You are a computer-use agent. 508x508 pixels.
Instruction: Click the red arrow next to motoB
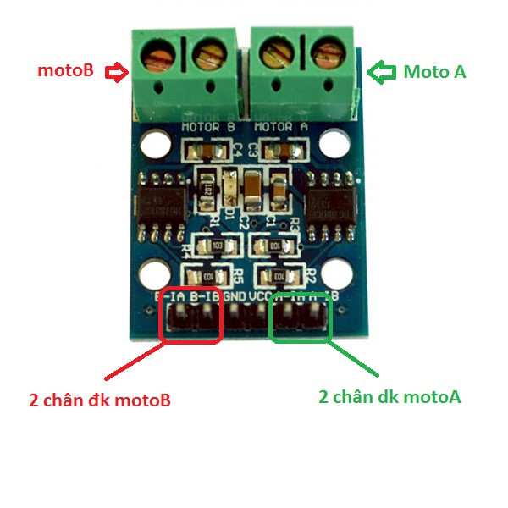pyautogui.click(x=116, y=73)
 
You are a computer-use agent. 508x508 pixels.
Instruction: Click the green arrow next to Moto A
pyautogui.click(x=384, y=72)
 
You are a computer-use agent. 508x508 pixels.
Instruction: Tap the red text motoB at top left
pyautogui.click(x=64, y=72)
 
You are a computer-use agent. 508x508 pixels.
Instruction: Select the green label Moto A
pyautogui.click(x=434, y=72)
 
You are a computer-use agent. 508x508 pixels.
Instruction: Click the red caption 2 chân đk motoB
pyautogui.click(x=99, y=400)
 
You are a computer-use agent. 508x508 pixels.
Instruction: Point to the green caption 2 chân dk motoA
pyautogui.click(x=389, y=396)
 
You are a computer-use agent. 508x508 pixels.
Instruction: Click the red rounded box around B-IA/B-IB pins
pyautogui.click(x=191, y=317)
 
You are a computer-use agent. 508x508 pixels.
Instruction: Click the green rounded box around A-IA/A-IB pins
pyautogui.click(x=301, y=317)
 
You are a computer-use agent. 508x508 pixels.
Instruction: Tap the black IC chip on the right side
pyautogui.click(x=331, y=203)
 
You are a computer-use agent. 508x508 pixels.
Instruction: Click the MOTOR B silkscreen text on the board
pyautogui.click(x=208, y=128)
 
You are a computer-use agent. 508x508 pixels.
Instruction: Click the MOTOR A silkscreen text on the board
pyautogui.click(x=280, y=128)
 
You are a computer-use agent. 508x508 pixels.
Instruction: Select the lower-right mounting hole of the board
pyautogui.click(x=337, y=273)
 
